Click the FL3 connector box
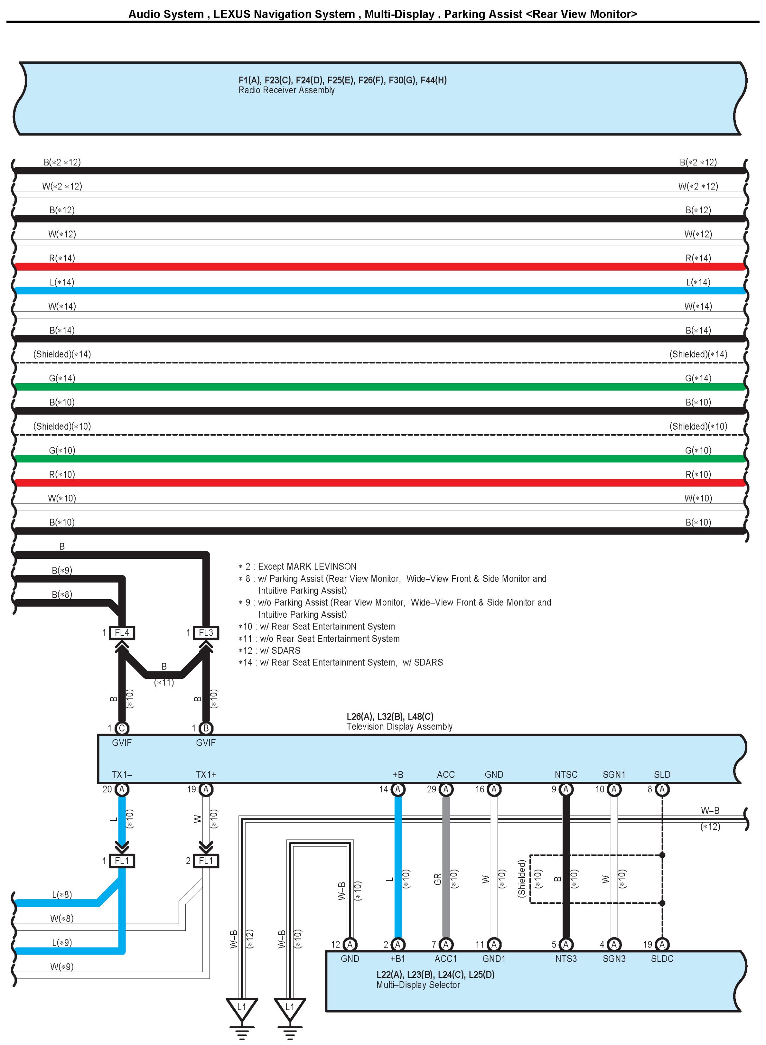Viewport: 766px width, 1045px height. pos(206,633)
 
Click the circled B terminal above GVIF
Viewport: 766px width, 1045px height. pos(206,728)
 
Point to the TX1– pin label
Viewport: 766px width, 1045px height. pos(121,774)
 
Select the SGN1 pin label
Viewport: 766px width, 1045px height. pos(614,774)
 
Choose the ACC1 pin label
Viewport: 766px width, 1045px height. pos(446,959)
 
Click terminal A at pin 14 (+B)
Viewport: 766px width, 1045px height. pos(398,790)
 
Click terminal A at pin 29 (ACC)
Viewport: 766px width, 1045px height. pos(446,790)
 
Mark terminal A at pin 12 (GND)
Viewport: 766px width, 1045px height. pos(350,944)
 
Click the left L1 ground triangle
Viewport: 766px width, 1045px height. pos(242,1007)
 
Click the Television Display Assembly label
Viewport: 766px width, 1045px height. pos(399,727)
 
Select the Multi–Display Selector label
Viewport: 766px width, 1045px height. pos(418,985)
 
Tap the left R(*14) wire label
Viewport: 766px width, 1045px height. pos(62,258)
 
